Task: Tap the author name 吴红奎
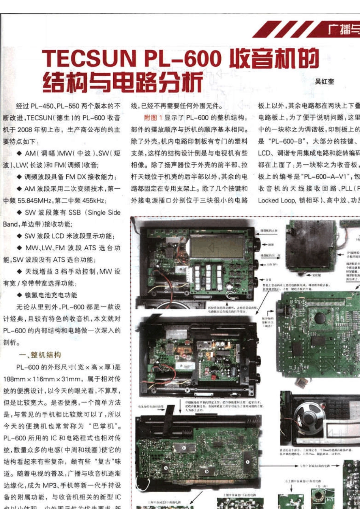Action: click(x=324, y=81)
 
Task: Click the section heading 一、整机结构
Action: click(x=40, y=355)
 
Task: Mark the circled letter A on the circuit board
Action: click(x=166, y=468)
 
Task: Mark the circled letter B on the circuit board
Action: click(x=207, y=472)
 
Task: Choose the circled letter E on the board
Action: click(x=247, y=462)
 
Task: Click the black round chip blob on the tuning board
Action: click(x=319, y=318)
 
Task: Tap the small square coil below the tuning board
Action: click(x=302, y=383)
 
